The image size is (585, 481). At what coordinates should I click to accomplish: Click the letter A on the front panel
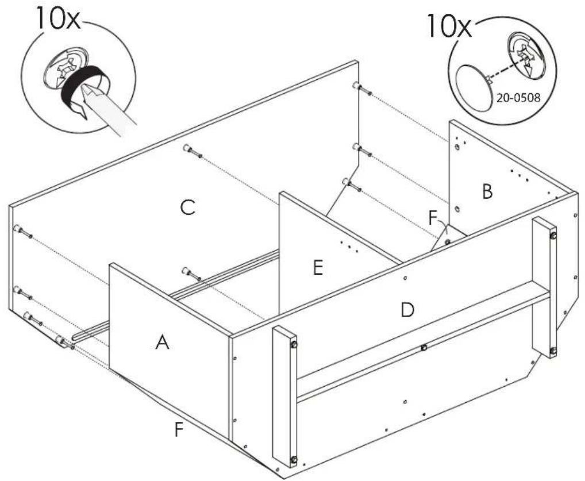162,342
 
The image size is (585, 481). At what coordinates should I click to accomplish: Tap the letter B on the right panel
487,192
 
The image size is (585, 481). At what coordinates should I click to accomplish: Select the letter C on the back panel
187,207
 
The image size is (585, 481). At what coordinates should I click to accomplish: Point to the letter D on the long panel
407,310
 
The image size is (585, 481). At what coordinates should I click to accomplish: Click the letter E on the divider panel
318,268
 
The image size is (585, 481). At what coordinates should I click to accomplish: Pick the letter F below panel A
179,430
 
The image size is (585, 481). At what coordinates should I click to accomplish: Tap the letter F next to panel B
432,218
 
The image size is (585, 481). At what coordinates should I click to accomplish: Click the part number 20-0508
518,98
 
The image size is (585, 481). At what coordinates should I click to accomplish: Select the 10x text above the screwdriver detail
57,18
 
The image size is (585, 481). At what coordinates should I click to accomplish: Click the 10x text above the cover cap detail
448,25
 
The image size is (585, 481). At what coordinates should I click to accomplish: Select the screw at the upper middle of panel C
193,151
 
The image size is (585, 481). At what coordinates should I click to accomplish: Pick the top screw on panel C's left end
23,231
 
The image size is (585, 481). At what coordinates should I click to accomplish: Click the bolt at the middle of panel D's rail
424,348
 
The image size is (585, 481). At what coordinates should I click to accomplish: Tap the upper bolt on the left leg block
294,344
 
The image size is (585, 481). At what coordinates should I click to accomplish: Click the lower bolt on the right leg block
553,351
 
